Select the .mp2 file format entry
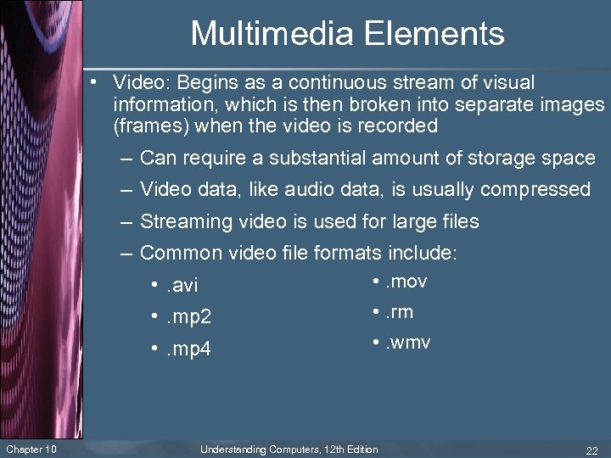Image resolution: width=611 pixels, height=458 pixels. point(188,318)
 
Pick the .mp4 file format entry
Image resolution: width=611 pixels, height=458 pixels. point(188,349)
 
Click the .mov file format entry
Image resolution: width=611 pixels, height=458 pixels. point(406,282)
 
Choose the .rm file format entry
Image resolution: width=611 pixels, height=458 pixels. point(399,312)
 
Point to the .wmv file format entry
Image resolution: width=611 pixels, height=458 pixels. point(407,343)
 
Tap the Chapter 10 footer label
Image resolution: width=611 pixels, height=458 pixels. point(31,449)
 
